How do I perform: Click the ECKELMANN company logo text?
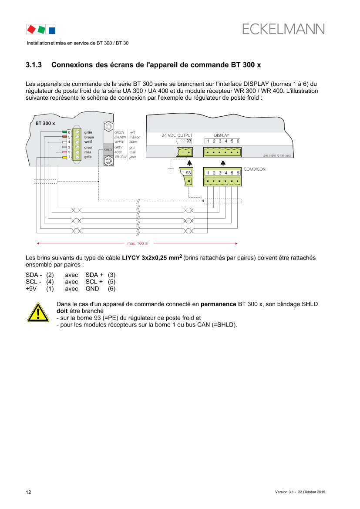pos(283,29)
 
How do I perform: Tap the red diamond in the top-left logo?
pos(31,29)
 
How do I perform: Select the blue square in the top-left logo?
pos(52,30)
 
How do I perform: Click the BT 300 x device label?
pos(45,124)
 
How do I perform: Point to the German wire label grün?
pos(88,132)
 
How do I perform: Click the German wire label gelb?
pos(88,157)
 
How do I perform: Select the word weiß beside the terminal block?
pos(88,142)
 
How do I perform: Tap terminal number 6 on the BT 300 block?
pos(69,132)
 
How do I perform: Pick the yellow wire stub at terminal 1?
pos(64,157)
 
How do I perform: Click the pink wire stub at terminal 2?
pos(64,152)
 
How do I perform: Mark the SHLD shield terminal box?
pos(108,149)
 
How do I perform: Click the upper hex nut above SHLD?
pos(108,126)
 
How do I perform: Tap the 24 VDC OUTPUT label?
pos(177,135)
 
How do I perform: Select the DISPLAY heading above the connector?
pos(221,135)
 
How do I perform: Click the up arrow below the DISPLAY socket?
pos(223,163)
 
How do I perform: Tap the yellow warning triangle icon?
pos(38,312)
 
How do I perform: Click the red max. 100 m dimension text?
pos(138,244)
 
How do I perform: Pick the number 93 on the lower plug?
pos(188,173)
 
